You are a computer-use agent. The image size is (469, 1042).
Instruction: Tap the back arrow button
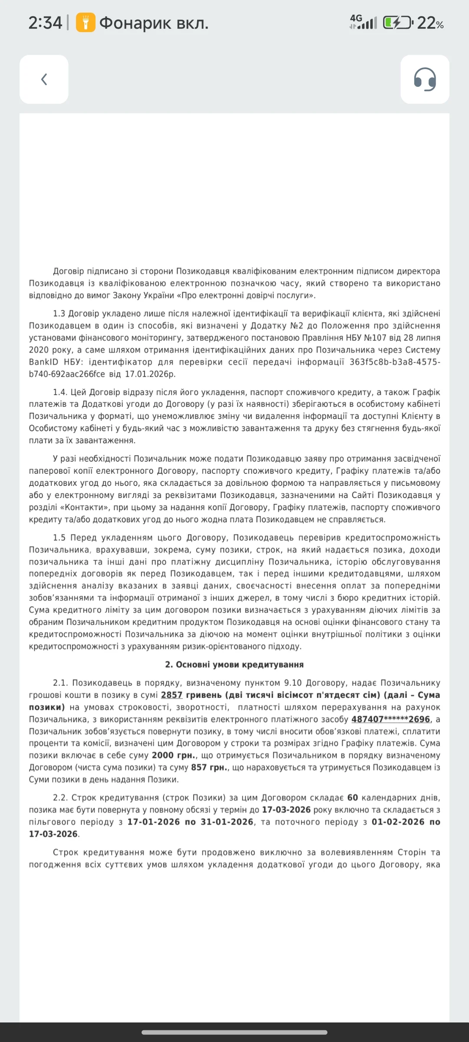click(x=44, y=79)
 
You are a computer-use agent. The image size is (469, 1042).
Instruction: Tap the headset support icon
click(x=425, y=79)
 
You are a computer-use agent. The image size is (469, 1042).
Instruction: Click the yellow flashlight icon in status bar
click(x=86, y=23)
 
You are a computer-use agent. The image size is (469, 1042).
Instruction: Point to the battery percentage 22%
click(x=430, y=23)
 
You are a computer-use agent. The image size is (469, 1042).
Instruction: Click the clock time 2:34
click(x=45, y=23)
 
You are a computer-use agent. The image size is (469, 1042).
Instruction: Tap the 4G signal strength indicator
click(x=363, y=22)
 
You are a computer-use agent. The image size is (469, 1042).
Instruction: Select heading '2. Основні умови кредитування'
click(x=234, y=665)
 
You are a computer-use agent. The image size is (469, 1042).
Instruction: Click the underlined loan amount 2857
click(x=172, y=695)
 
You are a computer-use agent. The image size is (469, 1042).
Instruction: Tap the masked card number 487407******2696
click(x=390, y=719)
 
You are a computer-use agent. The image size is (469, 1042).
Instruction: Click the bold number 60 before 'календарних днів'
click(x=353, y=798)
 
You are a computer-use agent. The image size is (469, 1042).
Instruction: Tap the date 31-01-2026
click(x=227, y=822)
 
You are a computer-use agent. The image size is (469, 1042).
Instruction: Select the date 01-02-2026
click(x=398, y=822)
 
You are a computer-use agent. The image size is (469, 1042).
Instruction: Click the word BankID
click(x=43, y=362)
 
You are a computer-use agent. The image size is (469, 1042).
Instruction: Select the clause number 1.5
click(x=59, y=538)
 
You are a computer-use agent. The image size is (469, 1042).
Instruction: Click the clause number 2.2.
click(x=60, y=798)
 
